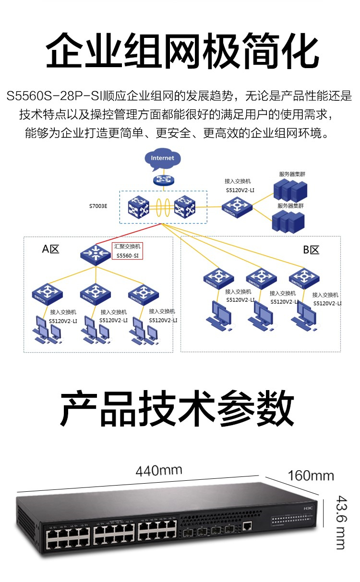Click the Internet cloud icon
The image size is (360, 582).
[162, 160]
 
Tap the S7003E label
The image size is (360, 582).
[98, 206]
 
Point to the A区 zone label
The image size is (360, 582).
[50, 249]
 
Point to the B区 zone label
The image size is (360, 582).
[311, 250]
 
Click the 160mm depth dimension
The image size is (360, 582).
[311, 476]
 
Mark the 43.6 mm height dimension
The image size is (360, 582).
[340, 522]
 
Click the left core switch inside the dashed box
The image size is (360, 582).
[139, 207]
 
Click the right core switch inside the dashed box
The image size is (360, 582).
[185, 207]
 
